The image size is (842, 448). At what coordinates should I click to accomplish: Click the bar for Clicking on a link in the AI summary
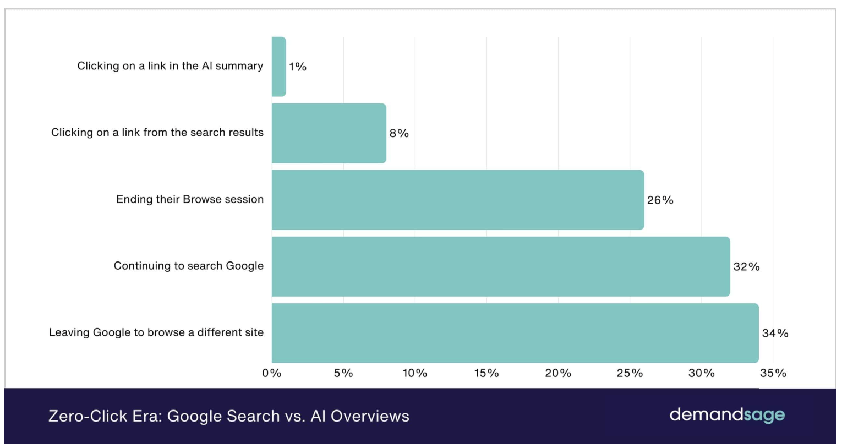pos(278,67)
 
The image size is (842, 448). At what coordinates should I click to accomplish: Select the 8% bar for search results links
pos(329,133)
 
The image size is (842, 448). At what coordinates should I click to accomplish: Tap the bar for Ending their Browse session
pos(457,200)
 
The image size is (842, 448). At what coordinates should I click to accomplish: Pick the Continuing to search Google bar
pos(500,266)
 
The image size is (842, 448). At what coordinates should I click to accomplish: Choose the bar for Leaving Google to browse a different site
pos(515,333)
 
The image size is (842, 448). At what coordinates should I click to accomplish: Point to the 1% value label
pos(298,67)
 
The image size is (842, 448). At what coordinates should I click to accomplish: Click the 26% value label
pos(660,200)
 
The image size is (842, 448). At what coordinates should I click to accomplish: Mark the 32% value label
pos(746,267)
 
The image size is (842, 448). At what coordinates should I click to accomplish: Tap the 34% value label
pos(775,334)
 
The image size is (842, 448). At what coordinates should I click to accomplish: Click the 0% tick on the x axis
pos(272,373)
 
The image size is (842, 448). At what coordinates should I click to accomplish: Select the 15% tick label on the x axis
pos(486,373)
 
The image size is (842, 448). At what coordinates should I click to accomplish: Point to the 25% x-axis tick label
pos(630,373)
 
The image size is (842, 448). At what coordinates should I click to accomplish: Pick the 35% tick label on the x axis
pos(773,373)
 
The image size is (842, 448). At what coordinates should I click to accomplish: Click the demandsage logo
pos(727,415)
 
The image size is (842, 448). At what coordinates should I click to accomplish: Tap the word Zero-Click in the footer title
pos(88,416)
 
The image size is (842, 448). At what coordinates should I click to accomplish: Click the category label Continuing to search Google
pos(189,266)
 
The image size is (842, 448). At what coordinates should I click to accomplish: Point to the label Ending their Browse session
pos(190,199)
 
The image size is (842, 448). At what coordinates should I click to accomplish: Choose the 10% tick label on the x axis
pos(415,373)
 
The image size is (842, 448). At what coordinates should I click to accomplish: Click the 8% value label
pos(399,133)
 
